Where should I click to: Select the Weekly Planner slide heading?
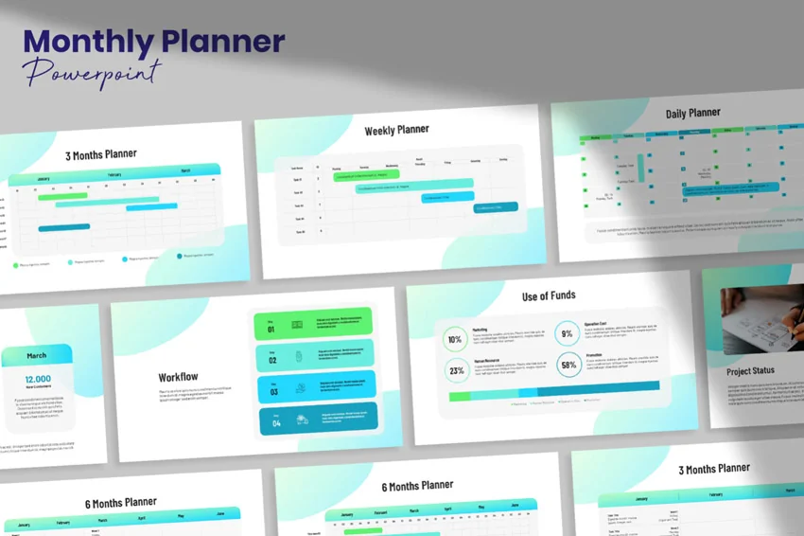pyautogui.click(x=396, y=130)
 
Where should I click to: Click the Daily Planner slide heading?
pyautogui.click(x=692, y=114)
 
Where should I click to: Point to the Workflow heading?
pyautogui.click(x=178, y=377)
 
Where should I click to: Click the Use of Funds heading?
pyautogui.click(x=549, y=296)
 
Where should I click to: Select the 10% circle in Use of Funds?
pyautogui.click(x=456, y=339)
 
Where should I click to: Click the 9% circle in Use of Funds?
pyautogui.click(x=568, y=334)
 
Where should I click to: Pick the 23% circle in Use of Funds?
pyautogui.click(x=456, y=370)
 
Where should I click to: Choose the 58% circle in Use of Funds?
pyautogui.click(x=568, y=365)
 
